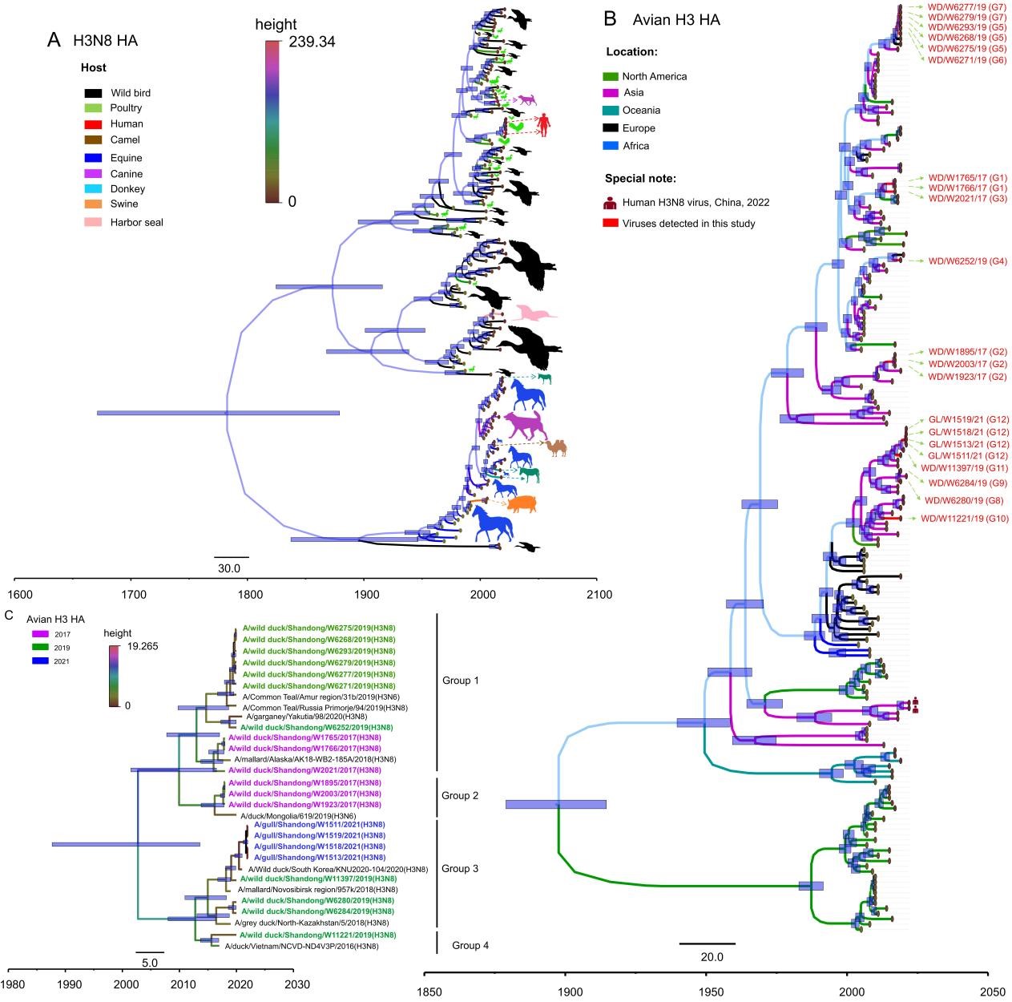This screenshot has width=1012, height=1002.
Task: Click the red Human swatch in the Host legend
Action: pos(92,124)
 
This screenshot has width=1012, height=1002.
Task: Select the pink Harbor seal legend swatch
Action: pos(92,221)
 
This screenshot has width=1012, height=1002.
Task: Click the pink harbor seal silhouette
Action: pos(534,313)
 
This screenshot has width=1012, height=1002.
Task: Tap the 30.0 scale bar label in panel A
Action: pos(231,569)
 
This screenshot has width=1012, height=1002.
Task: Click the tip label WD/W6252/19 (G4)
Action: pos(967,261)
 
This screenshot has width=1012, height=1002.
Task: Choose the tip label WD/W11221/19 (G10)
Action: pos(965,519)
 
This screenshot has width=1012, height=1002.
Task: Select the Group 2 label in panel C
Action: pos(460,795)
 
